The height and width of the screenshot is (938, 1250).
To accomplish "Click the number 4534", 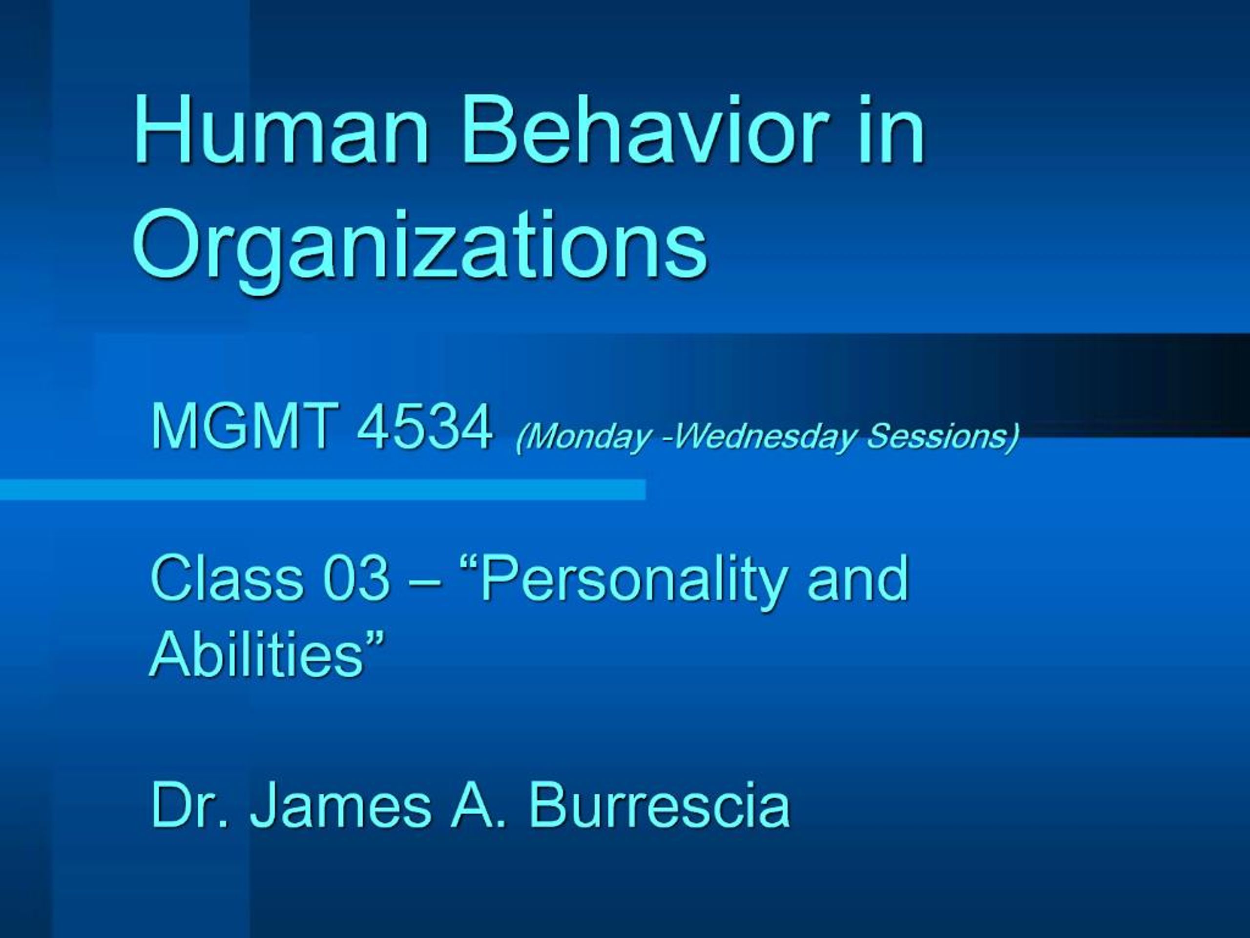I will pos(424,428).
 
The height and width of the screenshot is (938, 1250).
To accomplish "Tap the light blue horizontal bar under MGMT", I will pos(322,490).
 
